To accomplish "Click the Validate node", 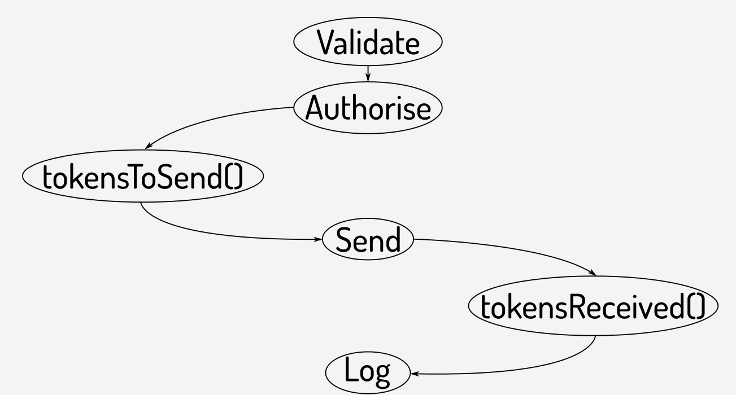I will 368,44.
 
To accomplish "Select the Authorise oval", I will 368,108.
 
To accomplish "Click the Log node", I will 367,373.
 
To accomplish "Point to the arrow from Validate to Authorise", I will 368,72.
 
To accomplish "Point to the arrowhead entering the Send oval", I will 318,239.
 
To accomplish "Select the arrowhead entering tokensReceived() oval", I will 593,274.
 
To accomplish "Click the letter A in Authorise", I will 315,108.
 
